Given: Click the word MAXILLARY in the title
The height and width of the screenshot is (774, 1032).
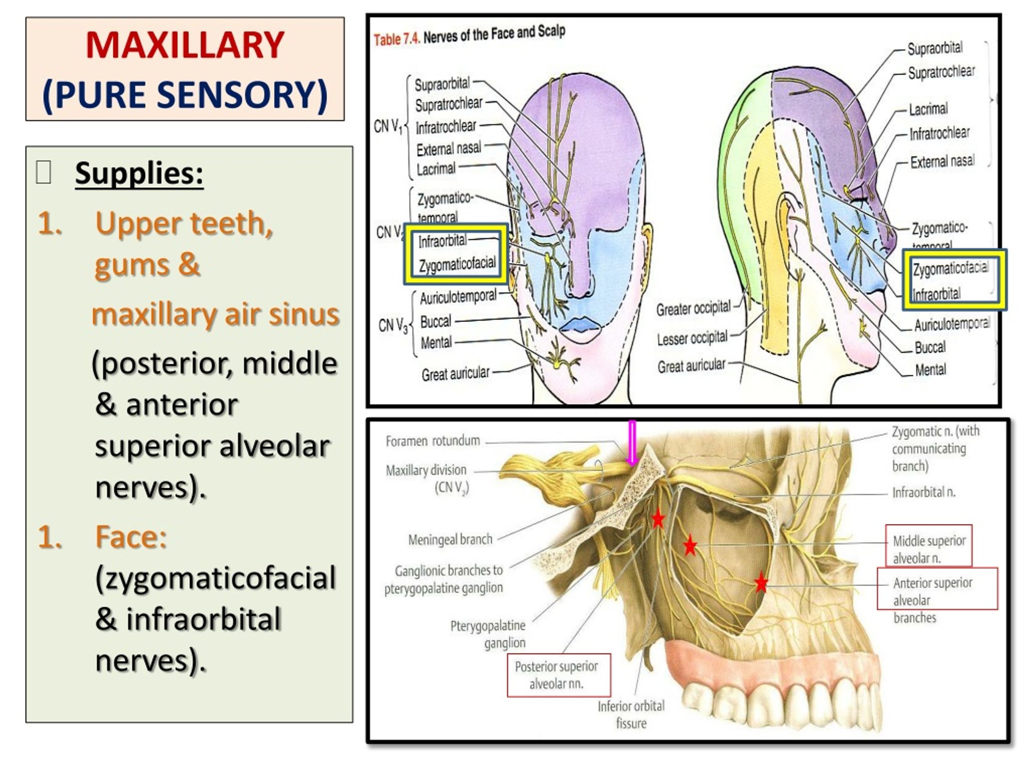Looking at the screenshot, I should [x=185, y=45].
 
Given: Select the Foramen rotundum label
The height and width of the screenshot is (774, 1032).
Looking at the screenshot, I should [x=433, y=441].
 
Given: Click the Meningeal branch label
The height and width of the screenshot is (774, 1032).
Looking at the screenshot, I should [x=450, y=539].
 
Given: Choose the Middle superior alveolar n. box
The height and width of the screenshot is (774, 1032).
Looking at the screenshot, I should [x=928, y=549].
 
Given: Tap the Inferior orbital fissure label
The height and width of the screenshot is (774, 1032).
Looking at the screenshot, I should [x=631, y=714].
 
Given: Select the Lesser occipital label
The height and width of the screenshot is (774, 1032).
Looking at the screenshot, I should [x=692, y=338].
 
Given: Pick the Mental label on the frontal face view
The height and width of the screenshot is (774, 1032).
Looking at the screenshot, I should [x=436, y=342].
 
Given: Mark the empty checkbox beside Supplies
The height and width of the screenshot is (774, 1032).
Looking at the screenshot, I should [x=44, y=172].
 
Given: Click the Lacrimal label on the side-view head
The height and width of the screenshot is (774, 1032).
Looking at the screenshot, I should [x=928, y=109].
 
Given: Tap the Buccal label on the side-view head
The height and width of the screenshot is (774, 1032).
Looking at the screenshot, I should [x=930, y=347].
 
